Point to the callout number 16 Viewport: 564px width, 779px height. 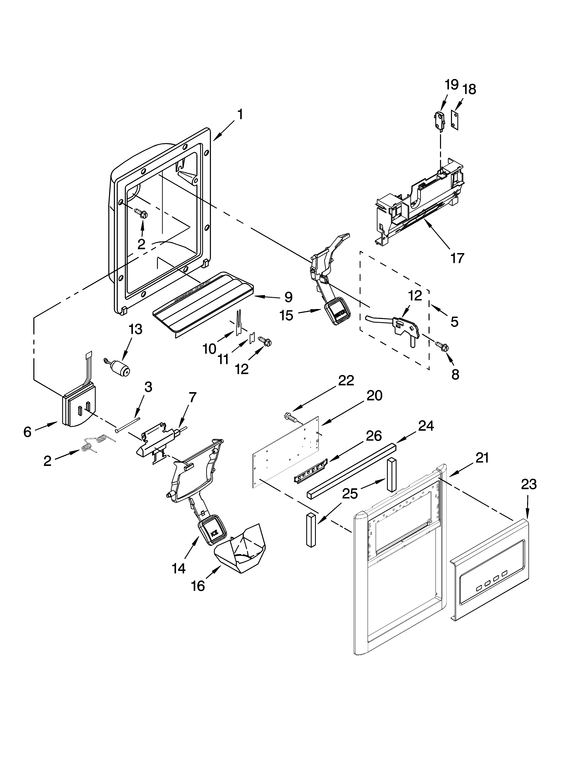[x=198, y=586]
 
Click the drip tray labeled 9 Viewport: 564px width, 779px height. [x=203, y=302]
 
